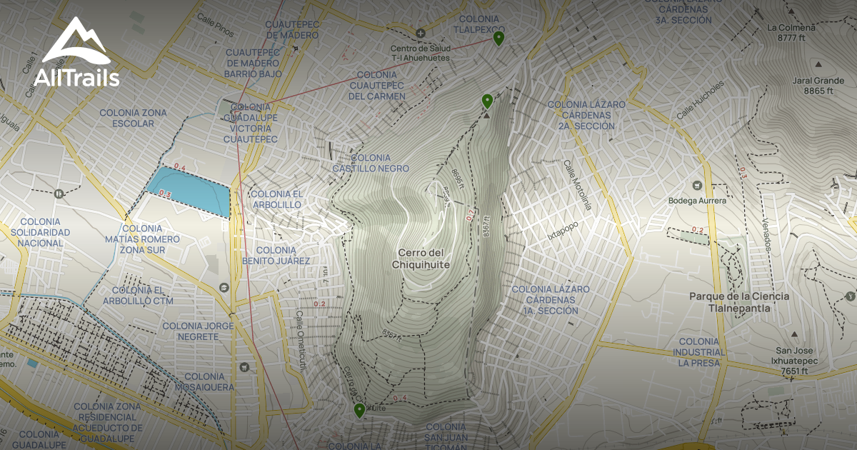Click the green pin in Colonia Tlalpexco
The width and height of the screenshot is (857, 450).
[499, 38]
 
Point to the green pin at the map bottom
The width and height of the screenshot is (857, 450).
[359, 409]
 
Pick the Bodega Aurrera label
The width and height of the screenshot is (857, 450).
[697, 201]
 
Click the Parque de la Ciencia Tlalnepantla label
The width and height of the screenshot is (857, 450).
[739, 302]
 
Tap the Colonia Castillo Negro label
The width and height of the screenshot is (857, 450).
[371, 163]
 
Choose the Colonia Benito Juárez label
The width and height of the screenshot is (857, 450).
[276, 256]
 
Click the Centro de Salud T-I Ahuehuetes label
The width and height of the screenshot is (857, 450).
[420, 53]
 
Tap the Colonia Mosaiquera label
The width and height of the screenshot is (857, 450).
[209, 381]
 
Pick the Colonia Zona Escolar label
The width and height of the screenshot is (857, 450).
[133, 118]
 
